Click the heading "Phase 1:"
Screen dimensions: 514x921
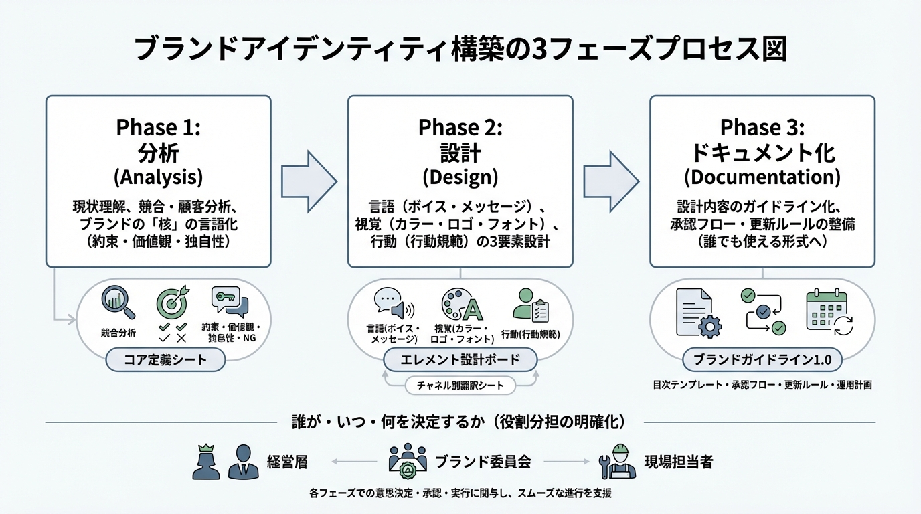click(x=158, y=127)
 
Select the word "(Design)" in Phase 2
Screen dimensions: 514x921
click(x=460, y=177)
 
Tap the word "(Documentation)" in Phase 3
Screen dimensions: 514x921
click(x=762, y=177)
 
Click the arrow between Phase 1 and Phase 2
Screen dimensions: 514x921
click(x=309, y=179)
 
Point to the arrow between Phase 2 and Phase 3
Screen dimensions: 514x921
click(x=610, y=179)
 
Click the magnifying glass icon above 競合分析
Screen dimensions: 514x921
click(x=118, y=303)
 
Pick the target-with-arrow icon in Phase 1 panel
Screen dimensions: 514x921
click(x=172, y=302)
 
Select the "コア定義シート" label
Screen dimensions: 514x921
click(x=165, y=361)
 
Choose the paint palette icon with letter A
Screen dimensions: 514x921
click(x=461, y=306)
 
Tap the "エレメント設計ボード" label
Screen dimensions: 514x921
click(x=460, y=360)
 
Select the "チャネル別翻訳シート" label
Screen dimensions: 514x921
click(x=460, y=385)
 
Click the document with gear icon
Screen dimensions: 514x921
click(x=696, y=312)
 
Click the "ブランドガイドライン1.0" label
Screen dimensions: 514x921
click(x=762, y=360)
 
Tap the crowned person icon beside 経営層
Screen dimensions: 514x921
click(x=206, y=461)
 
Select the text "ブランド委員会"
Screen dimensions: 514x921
click(x=483, y=462)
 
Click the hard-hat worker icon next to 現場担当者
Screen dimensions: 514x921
click(x=617, y=461)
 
